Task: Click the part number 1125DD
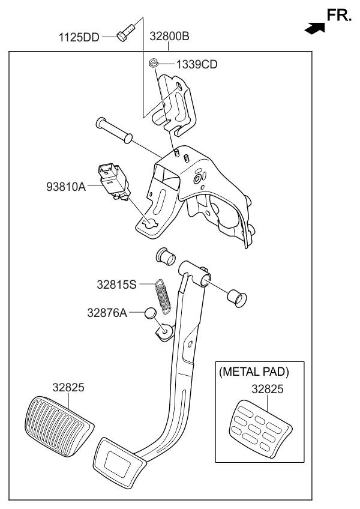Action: (x=79, y=37)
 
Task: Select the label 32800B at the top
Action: (x=165, y=37)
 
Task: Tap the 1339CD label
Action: (x=196, y=64)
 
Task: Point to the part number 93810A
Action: (x=65, y=187)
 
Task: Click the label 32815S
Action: (x=117, y=284)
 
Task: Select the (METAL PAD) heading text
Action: (x=254, y=372)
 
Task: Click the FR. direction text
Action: (x=339, y=16)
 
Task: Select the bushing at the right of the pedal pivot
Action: (x=238, y=297)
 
